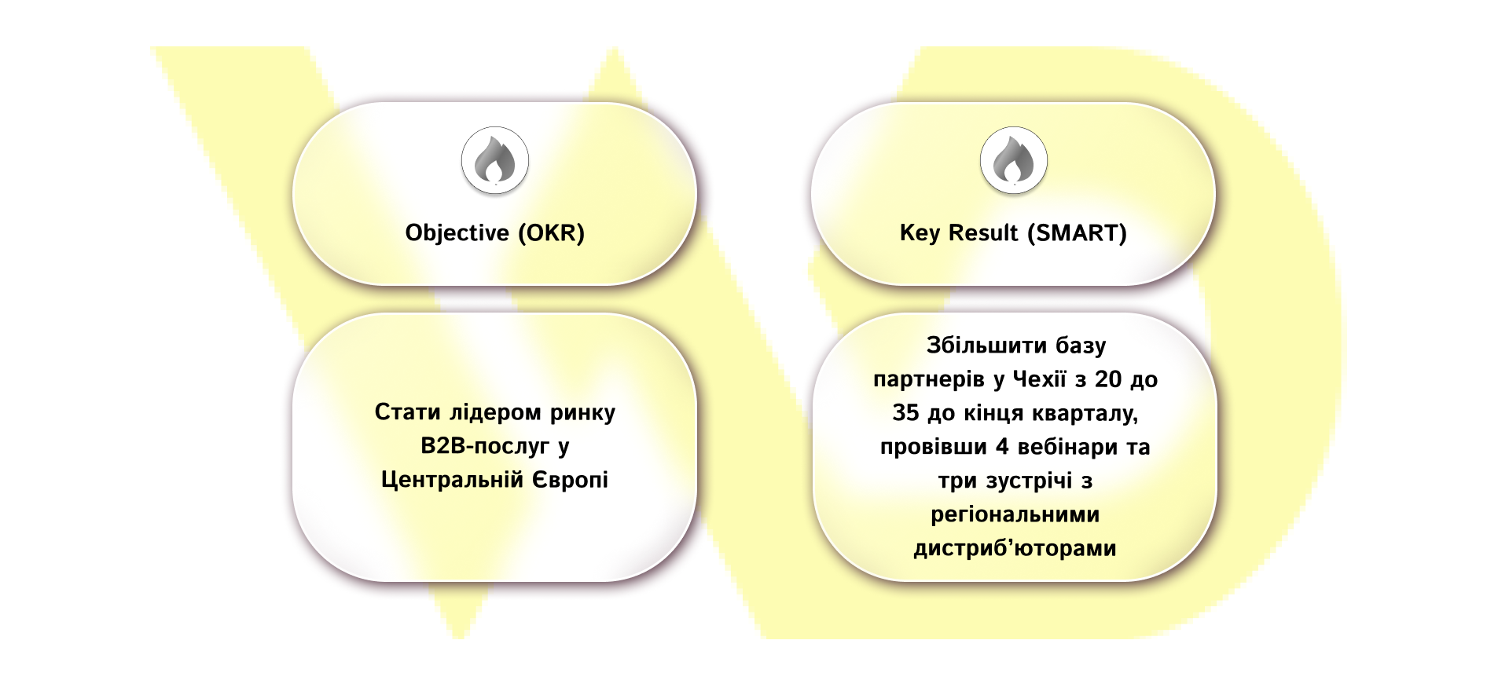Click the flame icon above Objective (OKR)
495,160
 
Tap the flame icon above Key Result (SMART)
1014,160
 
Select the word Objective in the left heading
457,233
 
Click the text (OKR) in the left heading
551,233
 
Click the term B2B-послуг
485,447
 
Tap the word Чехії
1039,379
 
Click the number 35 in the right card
905,413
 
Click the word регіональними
1015,515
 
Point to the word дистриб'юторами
1015,548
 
